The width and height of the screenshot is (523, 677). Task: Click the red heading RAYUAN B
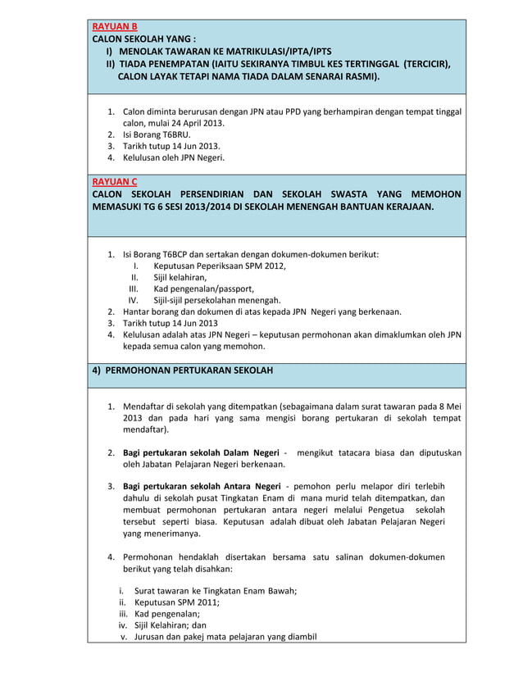(x=115, y=27)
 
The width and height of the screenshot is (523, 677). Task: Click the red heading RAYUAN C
(x=115, y=181)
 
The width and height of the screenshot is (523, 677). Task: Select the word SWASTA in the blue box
(x=352, y=194)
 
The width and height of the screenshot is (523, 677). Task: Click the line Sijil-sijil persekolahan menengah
(x=216, y=300)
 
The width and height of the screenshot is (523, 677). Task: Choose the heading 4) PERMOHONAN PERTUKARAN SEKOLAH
(x=182, y=370)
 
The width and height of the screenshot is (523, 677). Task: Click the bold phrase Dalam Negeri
(x=244, y=452)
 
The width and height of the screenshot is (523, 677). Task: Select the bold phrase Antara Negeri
(x=247, y=486)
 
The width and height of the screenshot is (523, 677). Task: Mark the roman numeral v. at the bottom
(x=125, y=637)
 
